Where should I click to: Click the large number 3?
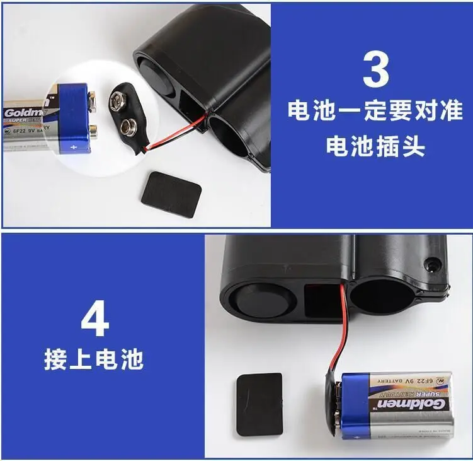click(x=375, y=69)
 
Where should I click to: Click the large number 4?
click(x=94, y=320)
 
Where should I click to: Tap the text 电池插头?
click(x=375, y=146)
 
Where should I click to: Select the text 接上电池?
click(x=94, y=359)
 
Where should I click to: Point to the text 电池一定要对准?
click(x=375, y=111)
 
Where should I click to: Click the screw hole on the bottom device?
click(x=433, y=264)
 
